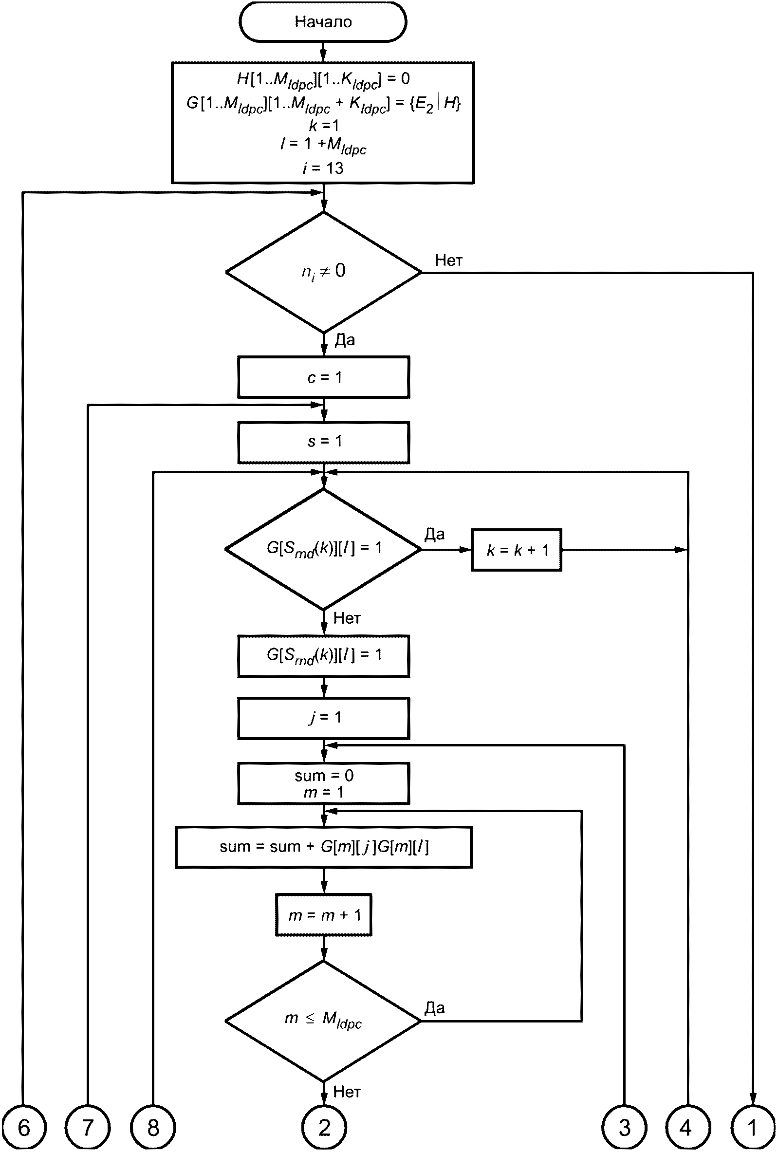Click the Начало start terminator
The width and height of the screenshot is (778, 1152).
point(323,22)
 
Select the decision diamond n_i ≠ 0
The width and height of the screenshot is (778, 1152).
point(324,272)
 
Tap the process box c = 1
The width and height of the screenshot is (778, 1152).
point(324,377)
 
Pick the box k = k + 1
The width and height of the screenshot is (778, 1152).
point(517,550)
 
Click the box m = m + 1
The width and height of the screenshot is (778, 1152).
point(324,915)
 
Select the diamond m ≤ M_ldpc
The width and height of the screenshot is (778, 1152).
point(324,1021)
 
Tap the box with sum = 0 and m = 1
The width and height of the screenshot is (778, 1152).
point(324,784)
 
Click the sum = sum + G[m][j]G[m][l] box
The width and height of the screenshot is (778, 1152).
point(324,847)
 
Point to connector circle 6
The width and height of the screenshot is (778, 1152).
point(23,1128)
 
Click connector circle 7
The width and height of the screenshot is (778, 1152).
point(88,1128)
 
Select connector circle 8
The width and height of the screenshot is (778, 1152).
point(153,1128)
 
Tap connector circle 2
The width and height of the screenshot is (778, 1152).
point(324,1128)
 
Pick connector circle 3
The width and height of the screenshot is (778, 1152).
point(624,1128)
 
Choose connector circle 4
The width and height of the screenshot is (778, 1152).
point(688,1128)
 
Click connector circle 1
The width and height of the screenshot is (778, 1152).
point(753,1128)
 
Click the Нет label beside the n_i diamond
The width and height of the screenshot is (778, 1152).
point(449,260)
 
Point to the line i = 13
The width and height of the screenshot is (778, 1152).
point(323,168)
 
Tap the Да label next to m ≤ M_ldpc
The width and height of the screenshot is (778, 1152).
point(435,1007)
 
